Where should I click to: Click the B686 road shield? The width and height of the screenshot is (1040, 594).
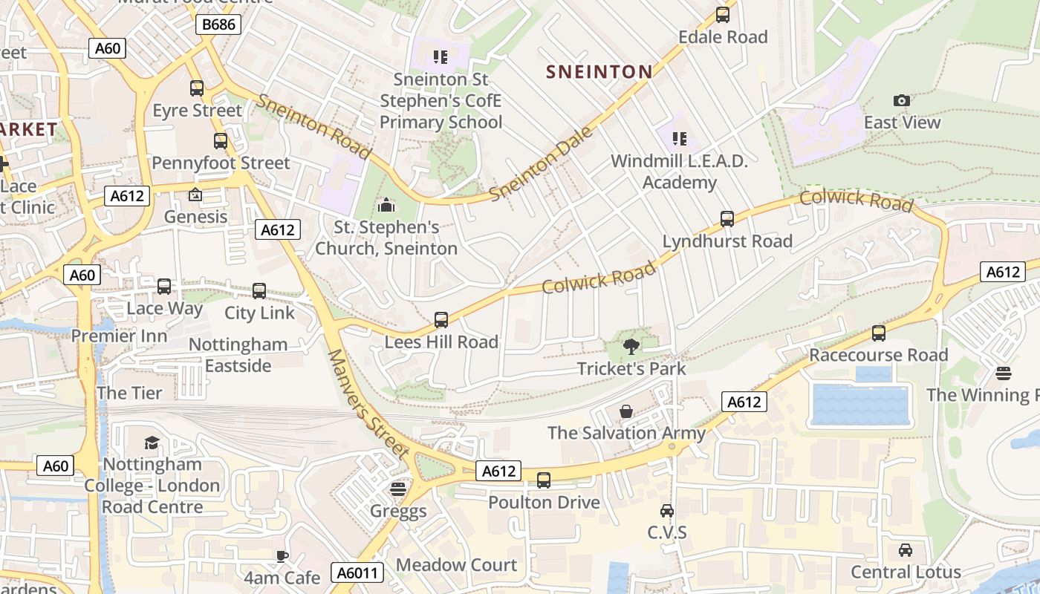[x=218, y=25]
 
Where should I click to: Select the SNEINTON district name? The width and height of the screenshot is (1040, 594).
[x=599, y=71]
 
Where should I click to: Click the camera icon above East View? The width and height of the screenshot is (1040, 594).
[x=902, y=100]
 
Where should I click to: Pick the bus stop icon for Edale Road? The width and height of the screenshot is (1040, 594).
[x=722, y=15]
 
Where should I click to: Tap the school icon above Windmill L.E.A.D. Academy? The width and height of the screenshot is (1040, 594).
[x=679, y=138]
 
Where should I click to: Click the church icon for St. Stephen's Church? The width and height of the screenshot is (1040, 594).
[x=386, y=205]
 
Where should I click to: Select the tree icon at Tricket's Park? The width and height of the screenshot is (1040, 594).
[x=631, y=346]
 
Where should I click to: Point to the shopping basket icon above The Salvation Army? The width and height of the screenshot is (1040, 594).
[x=626, y=411]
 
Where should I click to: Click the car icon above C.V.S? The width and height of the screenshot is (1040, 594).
[x=667, y=511]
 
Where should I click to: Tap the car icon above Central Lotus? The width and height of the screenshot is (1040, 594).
[x=906, y=550]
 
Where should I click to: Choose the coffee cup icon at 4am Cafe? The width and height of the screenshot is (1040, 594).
[x=282, y=555]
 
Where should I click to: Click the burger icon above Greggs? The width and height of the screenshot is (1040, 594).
[x=398, y=489]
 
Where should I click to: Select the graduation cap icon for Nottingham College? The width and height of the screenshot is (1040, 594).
[x=152, y=443]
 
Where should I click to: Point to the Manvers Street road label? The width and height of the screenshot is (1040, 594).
[x=368, y=404]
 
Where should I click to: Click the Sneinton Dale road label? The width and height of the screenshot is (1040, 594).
[x=542, y=164]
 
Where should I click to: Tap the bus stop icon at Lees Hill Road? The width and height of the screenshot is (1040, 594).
[x=441, y=320]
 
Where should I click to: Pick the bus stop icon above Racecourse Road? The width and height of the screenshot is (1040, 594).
[x=879, y=333]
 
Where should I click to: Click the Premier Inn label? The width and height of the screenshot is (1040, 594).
[x=119, y=336]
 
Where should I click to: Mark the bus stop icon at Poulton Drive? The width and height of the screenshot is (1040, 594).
[x=544, y=480]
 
